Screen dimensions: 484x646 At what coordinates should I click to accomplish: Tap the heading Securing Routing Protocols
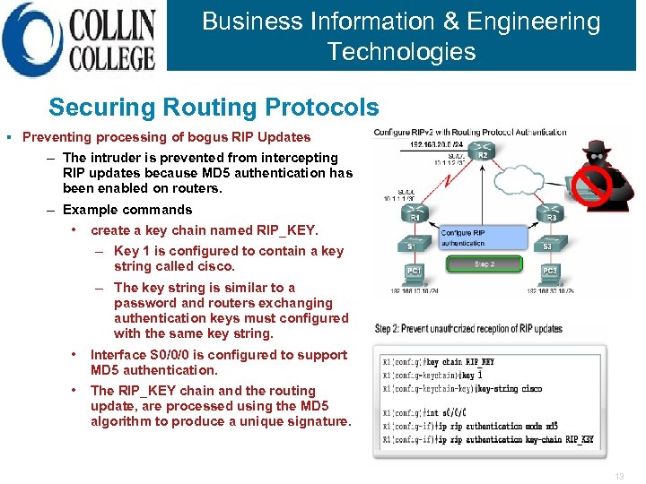[214, 108]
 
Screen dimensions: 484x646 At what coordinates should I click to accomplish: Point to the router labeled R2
[482, 152]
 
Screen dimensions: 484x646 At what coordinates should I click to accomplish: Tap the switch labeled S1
[415, 245]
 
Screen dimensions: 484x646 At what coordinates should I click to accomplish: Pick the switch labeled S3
[549, 245]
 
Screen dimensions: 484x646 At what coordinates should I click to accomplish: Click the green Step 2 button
[484, 264]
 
